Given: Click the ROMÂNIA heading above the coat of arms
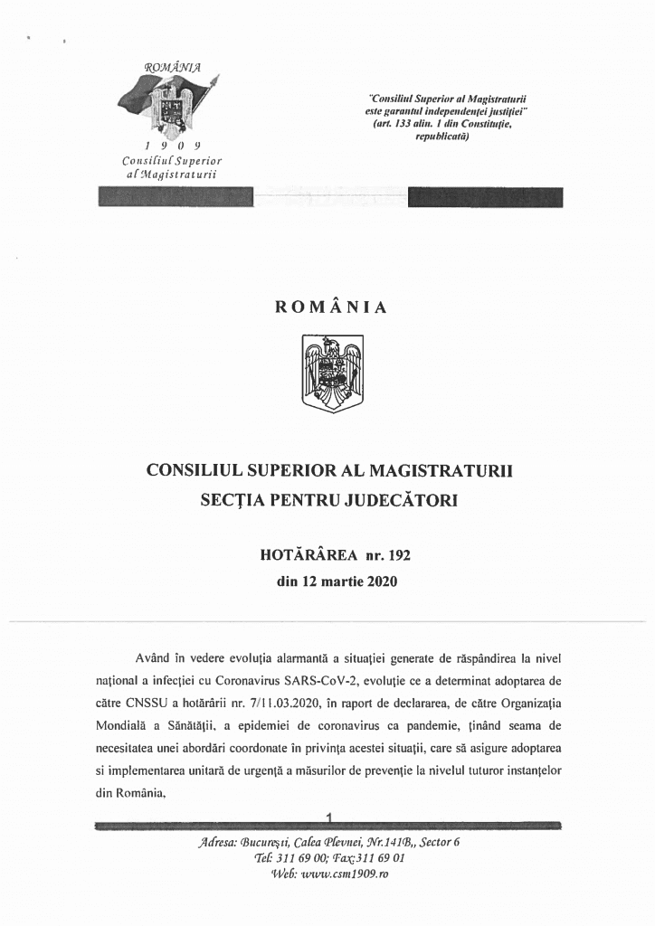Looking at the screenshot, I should [331, 307].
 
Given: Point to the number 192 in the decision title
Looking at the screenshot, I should [399, 555].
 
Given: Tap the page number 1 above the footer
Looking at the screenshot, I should [329, 818].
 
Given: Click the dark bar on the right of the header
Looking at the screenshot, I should [485, 197].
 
